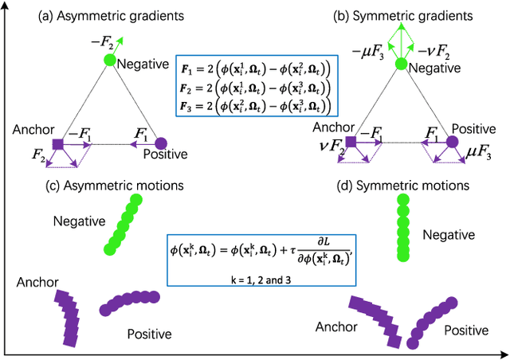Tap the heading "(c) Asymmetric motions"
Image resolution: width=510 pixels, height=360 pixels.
(116, 186)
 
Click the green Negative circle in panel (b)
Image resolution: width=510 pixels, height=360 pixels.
(401, 63)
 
